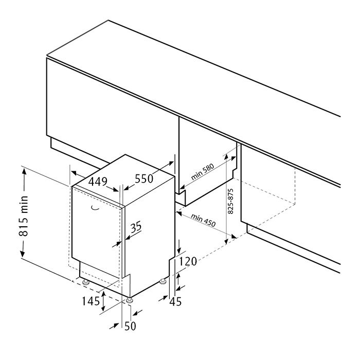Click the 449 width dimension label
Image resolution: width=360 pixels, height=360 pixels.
click(x=98, y=182)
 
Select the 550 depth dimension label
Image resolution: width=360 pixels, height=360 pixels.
click(x=144, y=178)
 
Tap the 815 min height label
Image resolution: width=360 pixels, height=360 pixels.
click(x=24, y=216)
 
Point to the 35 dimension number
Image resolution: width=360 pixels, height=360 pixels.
click(x=136, y=227)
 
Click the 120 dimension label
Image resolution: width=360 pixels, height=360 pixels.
click(x=188, y=261)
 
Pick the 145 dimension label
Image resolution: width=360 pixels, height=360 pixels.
click(x=91, y=301)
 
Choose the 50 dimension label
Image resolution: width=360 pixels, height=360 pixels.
click(x=130, y=326)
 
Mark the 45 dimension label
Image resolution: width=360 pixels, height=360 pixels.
click(x=175, y=301)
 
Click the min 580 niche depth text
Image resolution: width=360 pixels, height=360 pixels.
click(x=202, y=171)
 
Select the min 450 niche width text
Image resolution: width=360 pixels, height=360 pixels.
click(x=203, y=220)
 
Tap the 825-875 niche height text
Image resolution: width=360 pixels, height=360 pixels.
click(x=231, y=202)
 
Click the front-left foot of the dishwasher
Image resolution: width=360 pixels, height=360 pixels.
click(x=85, y=282)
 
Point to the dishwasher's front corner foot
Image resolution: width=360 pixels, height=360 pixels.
click(x=129, y=301)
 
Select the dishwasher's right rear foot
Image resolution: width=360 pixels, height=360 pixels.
click(x=163, y=281)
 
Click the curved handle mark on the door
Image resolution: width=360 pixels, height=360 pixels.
click(x=95, y=208)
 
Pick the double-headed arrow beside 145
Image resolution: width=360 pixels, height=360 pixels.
click(x=103, y=300)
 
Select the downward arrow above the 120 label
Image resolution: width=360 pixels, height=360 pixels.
click(x=179, y=246)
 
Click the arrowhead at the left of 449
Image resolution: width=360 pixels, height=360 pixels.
click(x=75, y=173)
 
